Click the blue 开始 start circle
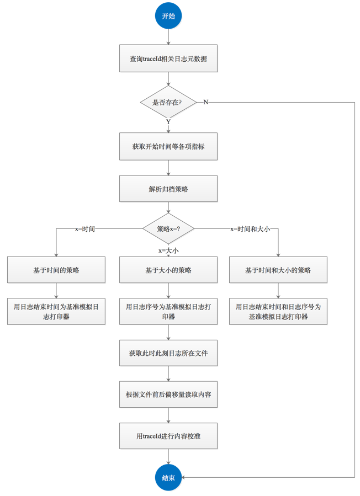pyautogui.click(x=168, y=17)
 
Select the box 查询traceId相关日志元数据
pyautogui.click(x=168, y=58)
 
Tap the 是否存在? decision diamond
pyautogui.click(x=168, y=102)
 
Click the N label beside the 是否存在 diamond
pyautogui.click(x=205, y=102)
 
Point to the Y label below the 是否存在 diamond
pyautogui.click(x=168, y=121)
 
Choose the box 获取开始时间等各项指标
pyautogui.click(x=168, y=147)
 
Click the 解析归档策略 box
pyautogui.click(x=168, y=188)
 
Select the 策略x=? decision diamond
pyautogui.click(x=168, y=228)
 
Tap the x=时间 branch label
pyautogui.click(x=85, y=228)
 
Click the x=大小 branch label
pyautogui.click(x=168, y=250)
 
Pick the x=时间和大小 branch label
pyautogui.click(x=250, y=228)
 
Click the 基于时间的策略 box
pyautogui.click(x=56, y=270)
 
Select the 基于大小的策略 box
pyautogui.click(x=168, y=270)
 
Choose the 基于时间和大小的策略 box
pyautogui.click(x=278, y=270)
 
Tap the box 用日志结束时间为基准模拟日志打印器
pyautogui.click(x=56, y=311)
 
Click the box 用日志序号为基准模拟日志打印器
pyautogui.click(x=168, y=311)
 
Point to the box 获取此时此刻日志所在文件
pyautogui.click(x=168, y=353)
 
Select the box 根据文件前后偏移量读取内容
pyautogui.click(x=168, y=394)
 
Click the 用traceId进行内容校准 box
pyautogui.click(x=168, y=436)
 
